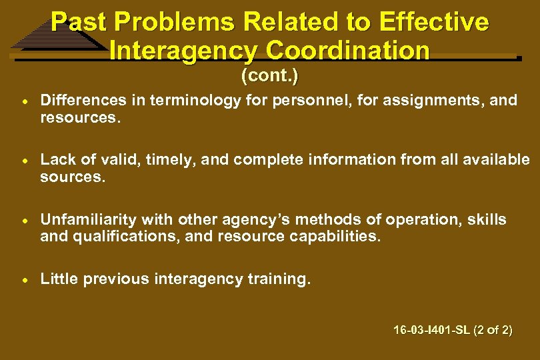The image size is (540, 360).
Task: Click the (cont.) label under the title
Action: [269, 76]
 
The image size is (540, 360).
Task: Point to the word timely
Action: [169, 160]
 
